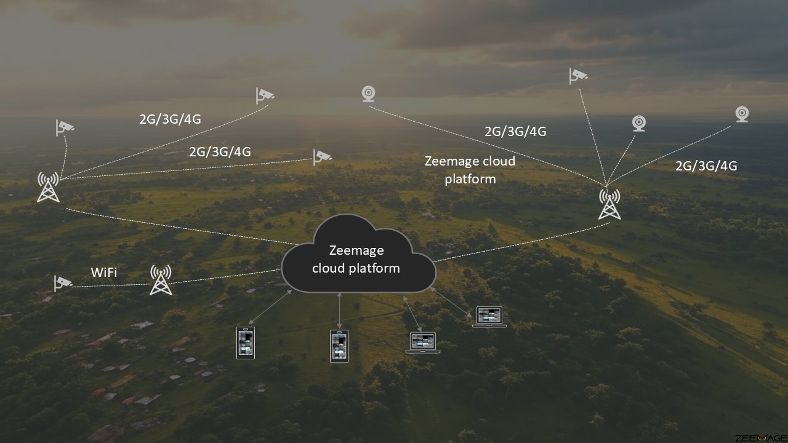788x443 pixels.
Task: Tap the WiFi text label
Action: coord(104,273)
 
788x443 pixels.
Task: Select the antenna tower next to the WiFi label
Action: coord(161,280)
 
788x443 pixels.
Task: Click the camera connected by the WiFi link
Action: coord(63,284)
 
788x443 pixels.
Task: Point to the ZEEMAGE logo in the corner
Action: coord(761,437)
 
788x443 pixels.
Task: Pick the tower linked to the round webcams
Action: coord(609,204)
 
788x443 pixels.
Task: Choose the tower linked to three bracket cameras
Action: coord(48,187)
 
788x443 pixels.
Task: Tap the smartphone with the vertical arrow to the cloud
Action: coord(339,346)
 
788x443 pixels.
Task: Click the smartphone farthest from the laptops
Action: coord(246,343)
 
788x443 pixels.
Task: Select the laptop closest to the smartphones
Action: coord(423,343)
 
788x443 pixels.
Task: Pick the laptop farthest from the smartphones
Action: coord(489,317)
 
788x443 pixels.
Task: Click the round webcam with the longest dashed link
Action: coord(368,94)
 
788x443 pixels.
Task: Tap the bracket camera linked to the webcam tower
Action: coord(578,76)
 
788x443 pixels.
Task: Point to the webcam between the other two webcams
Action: coord(639,124)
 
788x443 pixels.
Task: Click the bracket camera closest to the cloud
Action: coord(322,157)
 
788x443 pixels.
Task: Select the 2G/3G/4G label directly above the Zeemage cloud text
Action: coord(515,132)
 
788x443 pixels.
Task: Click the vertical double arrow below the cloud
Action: coord(339,311)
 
